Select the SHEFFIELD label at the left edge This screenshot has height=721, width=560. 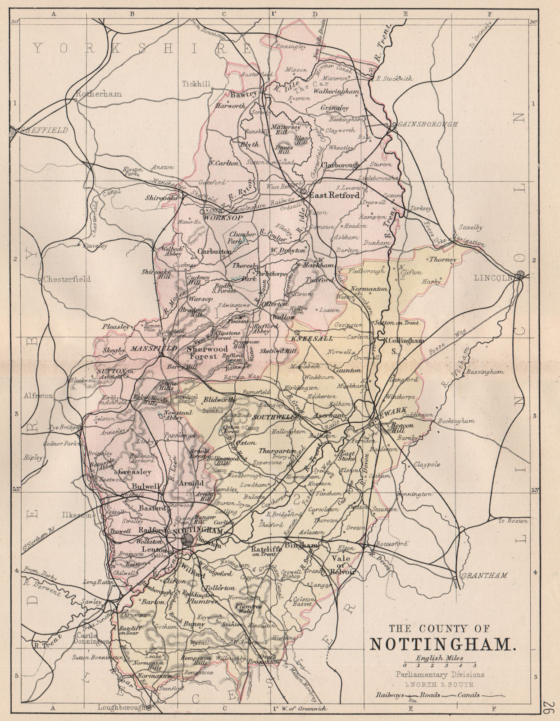tap(42, 130)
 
